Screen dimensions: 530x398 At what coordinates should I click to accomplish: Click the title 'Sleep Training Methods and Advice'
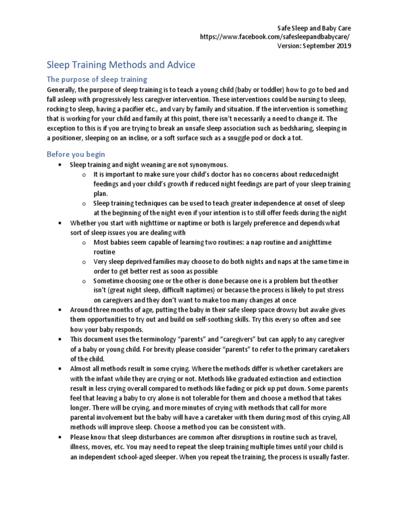tap(121, 65)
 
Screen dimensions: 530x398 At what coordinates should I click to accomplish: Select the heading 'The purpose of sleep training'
tap(97, 79)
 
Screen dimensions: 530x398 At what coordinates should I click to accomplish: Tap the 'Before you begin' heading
tap(76, 154)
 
